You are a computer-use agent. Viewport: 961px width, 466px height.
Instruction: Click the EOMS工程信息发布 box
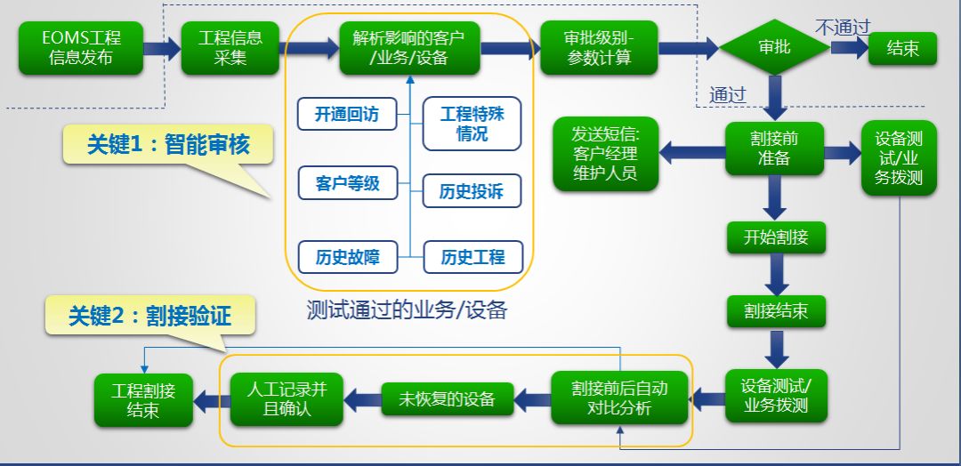click(x=81, y=48)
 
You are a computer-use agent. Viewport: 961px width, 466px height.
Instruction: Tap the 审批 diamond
click(x=774, y=47)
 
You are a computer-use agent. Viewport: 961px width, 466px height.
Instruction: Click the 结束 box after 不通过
click(x=903, y=48)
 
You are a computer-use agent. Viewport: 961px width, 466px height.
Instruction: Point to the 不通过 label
click(x=842, y=27)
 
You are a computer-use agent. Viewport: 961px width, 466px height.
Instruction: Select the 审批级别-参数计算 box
click(x=598, y=48)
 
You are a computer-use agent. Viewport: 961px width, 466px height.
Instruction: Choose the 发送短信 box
click(x=606, y=153)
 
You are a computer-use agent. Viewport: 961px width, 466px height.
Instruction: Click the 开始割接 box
click(x=774, y=237)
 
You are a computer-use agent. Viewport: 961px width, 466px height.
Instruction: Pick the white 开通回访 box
click(x=347, y=115)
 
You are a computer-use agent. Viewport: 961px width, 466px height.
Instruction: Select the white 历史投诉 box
click(x=472, y=191)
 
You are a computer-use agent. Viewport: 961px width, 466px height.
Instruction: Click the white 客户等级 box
click(x=347, y=183)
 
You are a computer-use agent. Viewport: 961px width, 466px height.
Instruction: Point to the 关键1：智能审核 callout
click(x=167, y=146)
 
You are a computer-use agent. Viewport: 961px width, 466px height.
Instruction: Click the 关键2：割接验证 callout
click(x=149, y=316)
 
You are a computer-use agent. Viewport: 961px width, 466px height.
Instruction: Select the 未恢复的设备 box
click(x=448, y=398)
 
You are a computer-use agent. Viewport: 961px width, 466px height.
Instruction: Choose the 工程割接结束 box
click(x=143, y=399)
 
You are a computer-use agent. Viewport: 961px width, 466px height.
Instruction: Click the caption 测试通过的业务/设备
click(x=407, y=310)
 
